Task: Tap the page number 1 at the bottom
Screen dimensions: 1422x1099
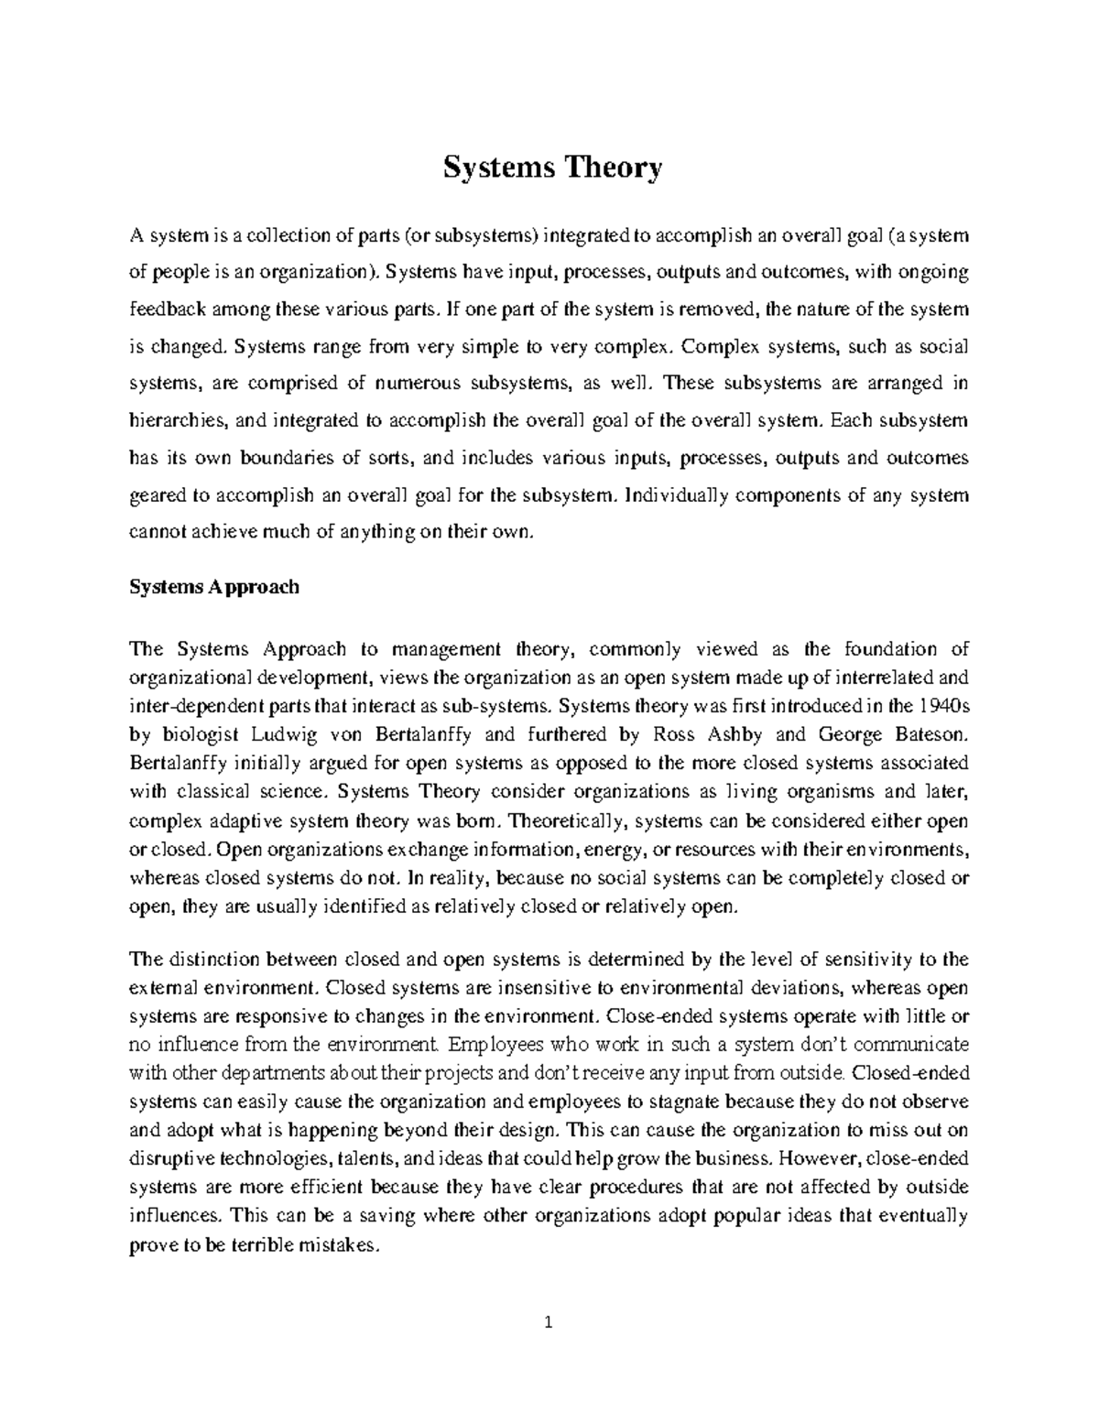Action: (x=549, y=1322)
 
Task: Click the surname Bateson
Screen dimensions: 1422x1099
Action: (x=928, y=734)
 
